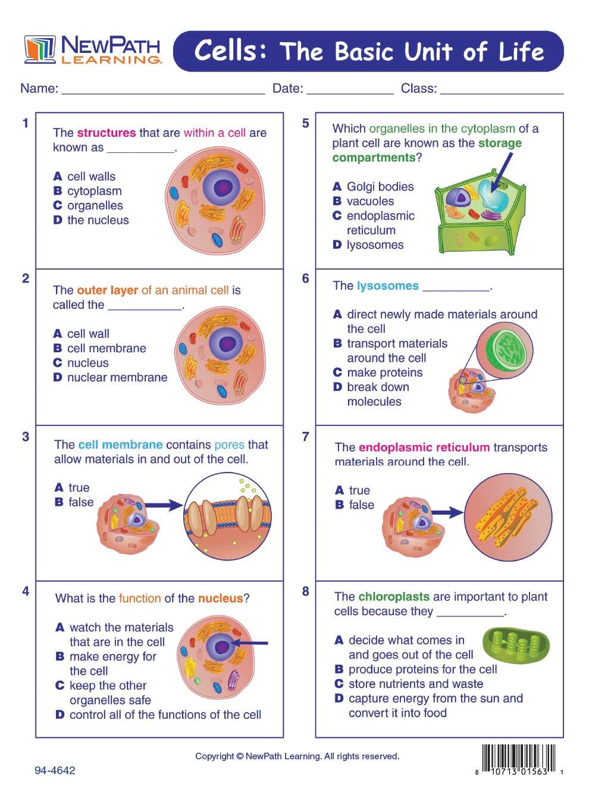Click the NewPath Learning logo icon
pos(40,49)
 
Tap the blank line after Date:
pos(350,89)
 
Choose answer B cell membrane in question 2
pos(99,348)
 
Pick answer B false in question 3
pos(74,502)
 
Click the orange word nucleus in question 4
pos(220,598)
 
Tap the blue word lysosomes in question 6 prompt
pos(387,286)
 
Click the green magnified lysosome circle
pos(505,351)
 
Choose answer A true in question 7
pos(353,490)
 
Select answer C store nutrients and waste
pos(409,684)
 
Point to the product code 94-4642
pos(55,770)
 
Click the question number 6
pos(305,278)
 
